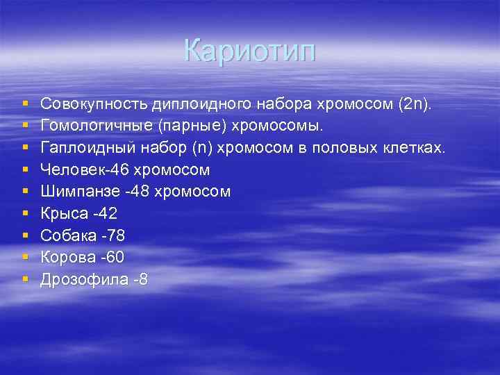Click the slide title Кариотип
[x=250, y=51]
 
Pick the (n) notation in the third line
[x=206, y=147]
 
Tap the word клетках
[x=414, y=147]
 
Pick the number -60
[x=112, y=258]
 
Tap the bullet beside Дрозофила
[x=26, y=280]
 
